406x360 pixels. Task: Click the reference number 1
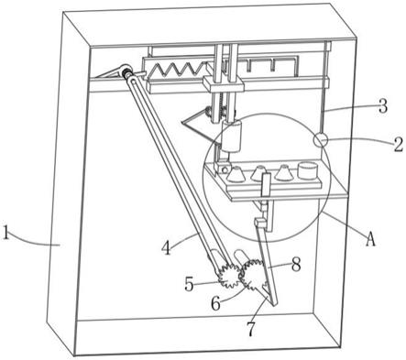[x=5, y=232]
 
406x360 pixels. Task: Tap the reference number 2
[x=397, y=145]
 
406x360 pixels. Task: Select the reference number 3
[x=382, y=105]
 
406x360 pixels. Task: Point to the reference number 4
[x=166, y=247]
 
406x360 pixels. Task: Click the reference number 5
[x=190, y=285]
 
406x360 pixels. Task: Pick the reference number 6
[x=216, y=303]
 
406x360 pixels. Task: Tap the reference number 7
[x=251, y=329]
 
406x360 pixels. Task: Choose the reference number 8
[x=296, y=265]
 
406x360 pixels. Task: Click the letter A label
[x=370, y=239]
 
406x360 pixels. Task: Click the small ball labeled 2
[x=321, y=140]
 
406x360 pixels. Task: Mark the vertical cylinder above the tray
[x=231, y=136]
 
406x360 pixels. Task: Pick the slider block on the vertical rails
[x=224, y=84]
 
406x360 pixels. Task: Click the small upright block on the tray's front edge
[x=266, y=184]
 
